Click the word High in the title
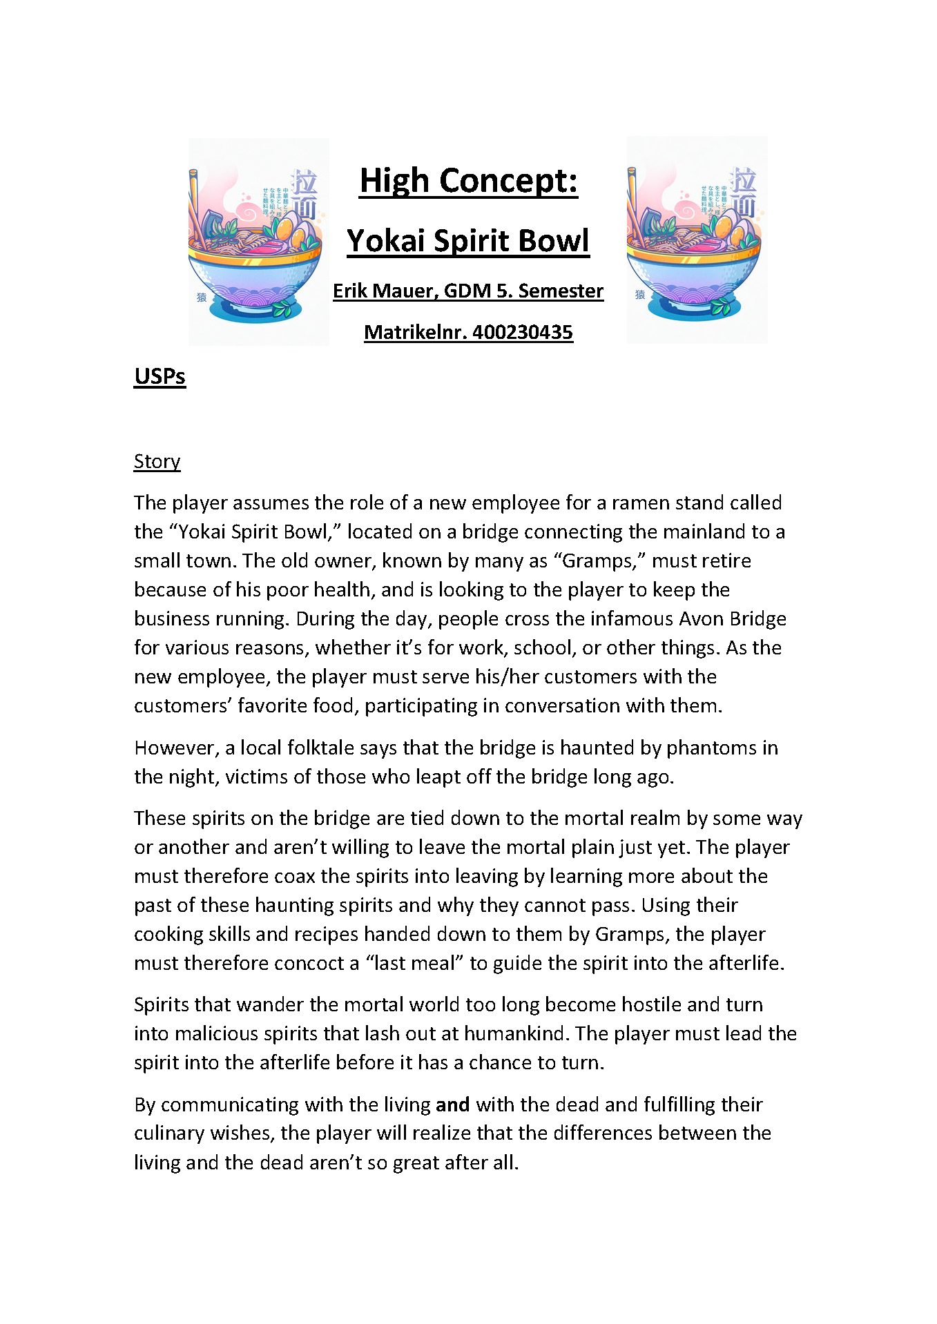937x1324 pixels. click(394, 181)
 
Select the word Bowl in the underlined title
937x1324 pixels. click(555, 241)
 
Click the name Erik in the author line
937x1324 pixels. click(349, 291)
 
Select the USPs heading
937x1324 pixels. click(160, 376)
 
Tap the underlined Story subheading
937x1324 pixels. click(157, 461)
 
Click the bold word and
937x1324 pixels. click(453, 1104)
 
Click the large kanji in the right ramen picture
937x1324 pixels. click(744, 193)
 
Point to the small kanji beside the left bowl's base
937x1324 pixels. click(202, 298)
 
